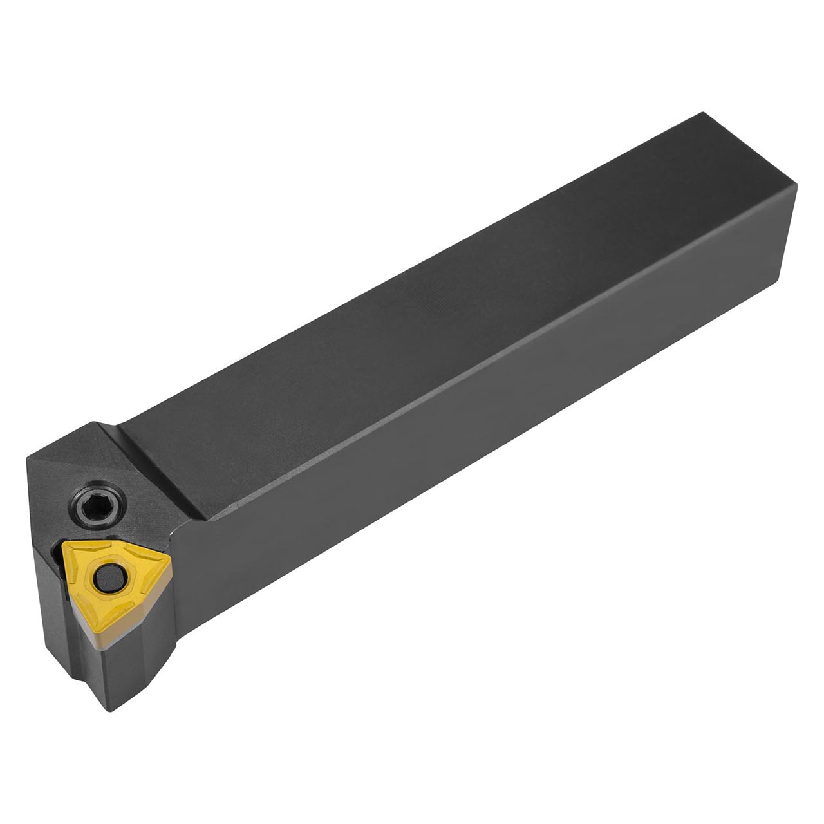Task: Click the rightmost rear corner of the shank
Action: (798, 187)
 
